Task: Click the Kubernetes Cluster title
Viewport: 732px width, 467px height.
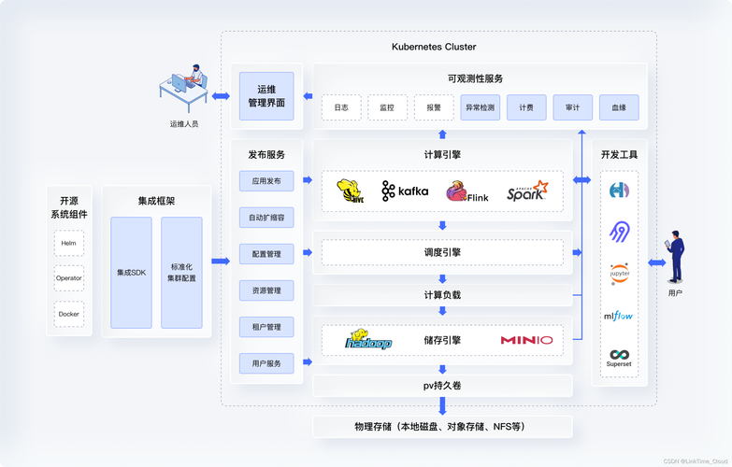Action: point(434,47)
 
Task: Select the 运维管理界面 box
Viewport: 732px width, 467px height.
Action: point(266,96)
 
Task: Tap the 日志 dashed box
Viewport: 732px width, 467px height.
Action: point(341,107)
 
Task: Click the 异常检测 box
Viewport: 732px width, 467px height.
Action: point(480,107)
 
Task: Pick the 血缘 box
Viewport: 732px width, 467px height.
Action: point(619,107)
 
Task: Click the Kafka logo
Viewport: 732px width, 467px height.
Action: point(405,191)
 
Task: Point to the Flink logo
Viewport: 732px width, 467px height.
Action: point(466,192)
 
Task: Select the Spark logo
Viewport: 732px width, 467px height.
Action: point(527,191)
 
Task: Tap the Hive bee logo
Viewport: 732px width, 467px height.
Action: point(351,191)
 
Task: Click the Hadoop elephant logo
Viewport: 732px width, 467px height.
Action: point(368,340)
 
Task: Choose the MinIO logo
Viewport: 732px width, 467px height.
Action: point(526,341)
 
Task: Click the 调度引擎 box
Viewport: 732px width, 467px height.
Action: point(442,252)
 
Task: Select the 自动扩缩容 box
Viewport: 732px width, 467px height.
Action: point(266,218)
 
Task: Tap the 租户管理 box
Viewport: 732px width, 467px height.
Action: point(266,327)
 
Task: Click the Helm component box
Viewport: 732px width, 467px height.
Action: point(68,243)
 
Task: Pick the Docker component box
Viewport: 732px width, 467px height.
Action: point(68,314)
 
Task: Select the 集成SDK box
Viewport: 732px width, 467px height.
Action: point(131,273)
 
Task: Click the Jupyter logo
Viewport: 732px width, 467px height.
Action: point(619,274)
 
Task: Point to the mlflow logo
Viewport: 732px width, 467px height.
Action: point(619,316)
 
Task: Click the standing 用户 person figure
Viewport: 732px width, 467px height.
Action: point(676,257)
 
